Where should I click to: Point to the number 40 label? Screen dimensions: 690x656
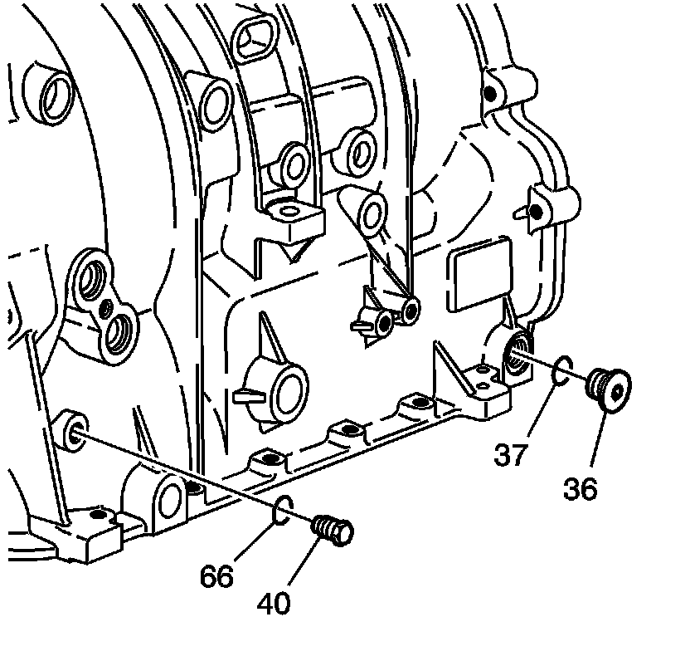point(274,604)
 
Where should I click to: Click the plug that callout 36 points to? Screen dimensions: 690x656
point(609,389)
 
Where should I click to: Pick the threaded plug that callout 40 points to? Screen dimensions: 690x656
point(333,530)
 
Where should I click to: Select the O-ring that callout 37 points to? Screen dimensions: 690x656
point(562,370)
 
